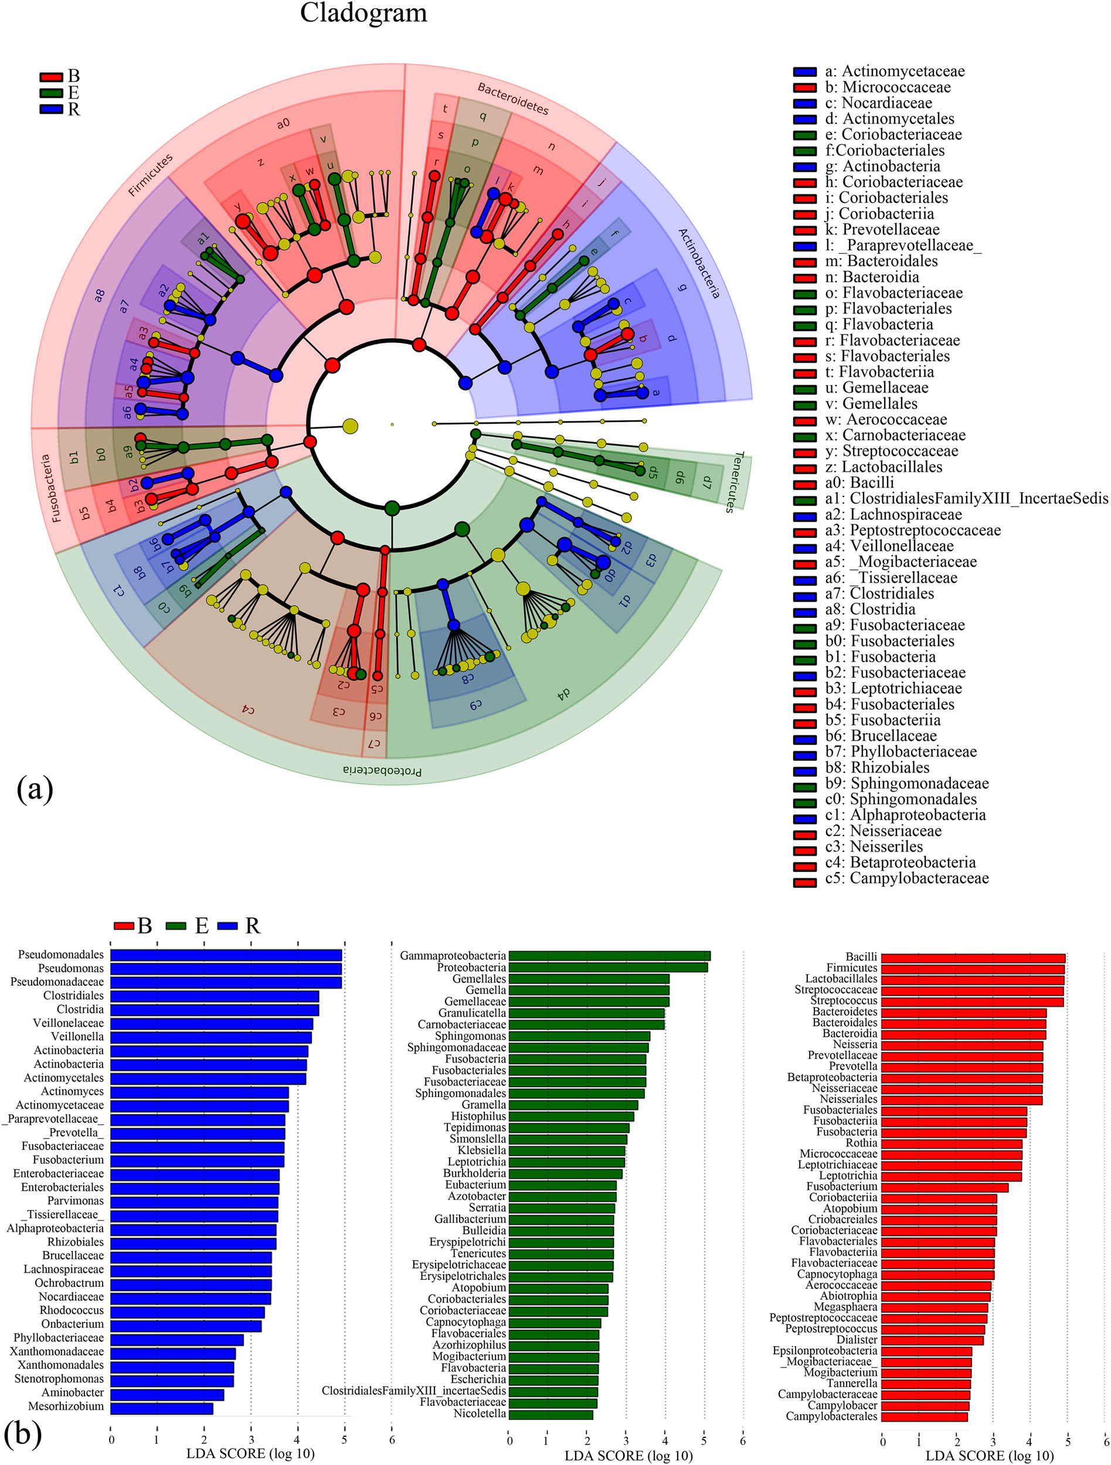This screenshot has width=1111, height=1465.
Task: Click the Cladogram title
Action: tap(363, 13)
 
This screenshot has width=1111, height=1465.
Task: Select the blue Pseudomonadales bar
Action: tap(225, 955)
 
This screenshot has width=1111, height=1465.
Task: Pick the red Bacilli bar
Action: tap(973, 958)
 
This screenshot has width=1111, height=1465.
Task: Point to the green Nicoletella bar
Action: tap(551, 1414)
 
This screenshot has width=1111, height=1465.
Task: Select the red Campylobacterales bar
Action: tap(925, 1416)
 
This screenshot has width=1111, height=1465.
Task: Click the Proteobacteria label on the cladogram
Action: tap(382, 770)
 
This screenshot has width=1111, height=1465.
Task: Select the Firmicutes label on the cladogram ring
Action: tap(151, 175)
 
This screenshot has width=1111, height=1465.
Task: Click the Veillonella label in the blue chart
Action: tap(77, 1037)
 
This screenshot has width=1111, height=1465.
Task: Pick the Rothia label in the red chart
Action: tap(861, 1143)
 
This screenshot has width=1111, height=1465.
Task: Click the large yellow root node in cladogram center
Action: tap(350, 426)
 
